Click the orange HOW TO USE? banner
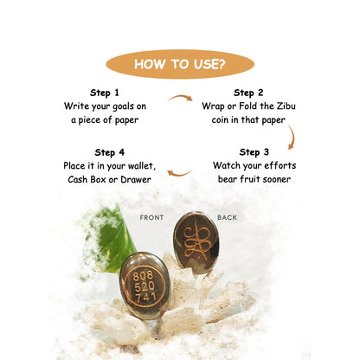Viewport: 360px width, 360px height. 180,64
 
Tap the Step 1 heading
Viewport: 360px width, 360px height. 105,93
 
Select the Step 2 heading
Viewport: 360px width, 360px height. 248,93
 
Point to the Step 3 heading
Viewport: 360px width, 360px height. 254,152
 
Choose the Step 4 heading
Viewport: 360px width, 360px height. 110,152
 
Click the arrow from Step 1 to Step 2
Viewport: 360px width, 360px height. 180,98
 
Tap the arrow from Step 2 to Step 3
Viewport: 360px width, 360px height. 292,138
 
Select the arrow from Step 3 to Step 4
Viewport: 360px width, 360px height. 179,173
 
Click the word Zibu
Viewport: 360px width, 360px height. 286,106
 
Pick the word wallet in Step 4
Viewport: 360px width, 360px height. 142,166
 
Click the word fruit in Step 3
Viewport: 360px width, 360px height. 249,179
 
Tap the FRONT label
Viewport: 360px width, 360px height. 151,217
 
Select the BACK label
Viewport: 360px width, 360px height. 227,217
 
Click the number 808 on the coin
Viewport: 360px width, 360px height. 143,276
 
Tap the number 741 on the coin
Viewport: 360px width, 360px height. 146,297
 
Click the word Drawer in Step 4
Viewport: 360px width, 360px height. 136,179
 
